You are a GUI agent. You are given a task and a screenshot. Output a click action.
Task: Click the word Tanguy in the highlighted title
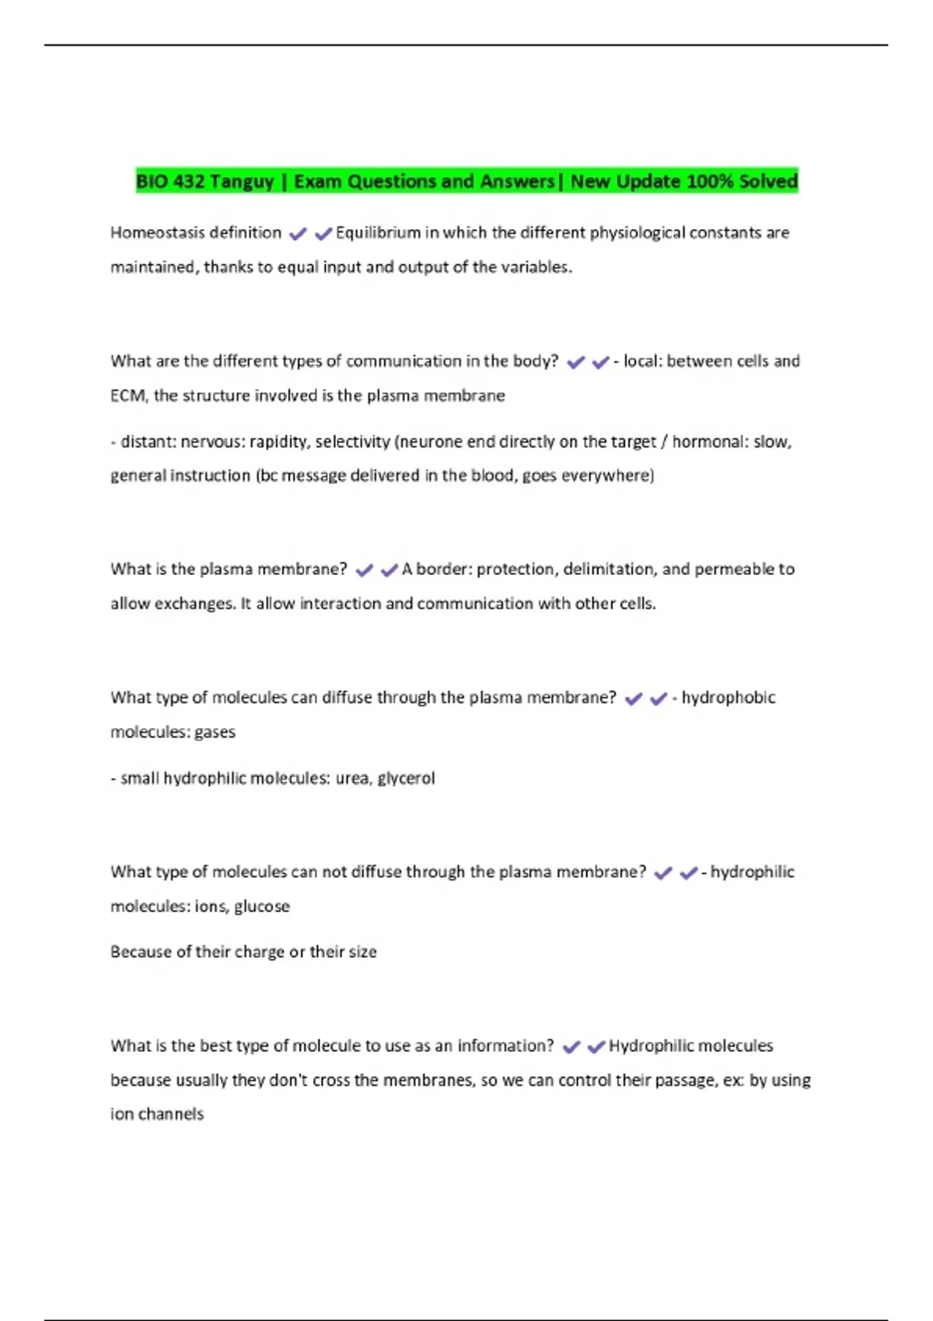click(241, 182)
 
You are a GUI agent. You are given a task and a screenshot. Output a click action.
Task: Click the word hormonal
click(707, 441)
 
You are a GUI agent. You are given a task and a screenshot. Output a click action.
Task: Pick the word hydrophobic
click(729, 697)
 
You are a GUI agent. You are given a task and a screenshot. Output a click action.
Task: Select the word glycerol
click(406, 778)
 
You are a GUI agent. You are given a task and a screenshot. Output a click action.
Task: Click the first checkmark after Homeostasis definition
click(298, 233)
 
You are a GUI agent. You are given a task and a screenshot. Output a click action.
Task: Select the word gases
click(215, 732)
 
